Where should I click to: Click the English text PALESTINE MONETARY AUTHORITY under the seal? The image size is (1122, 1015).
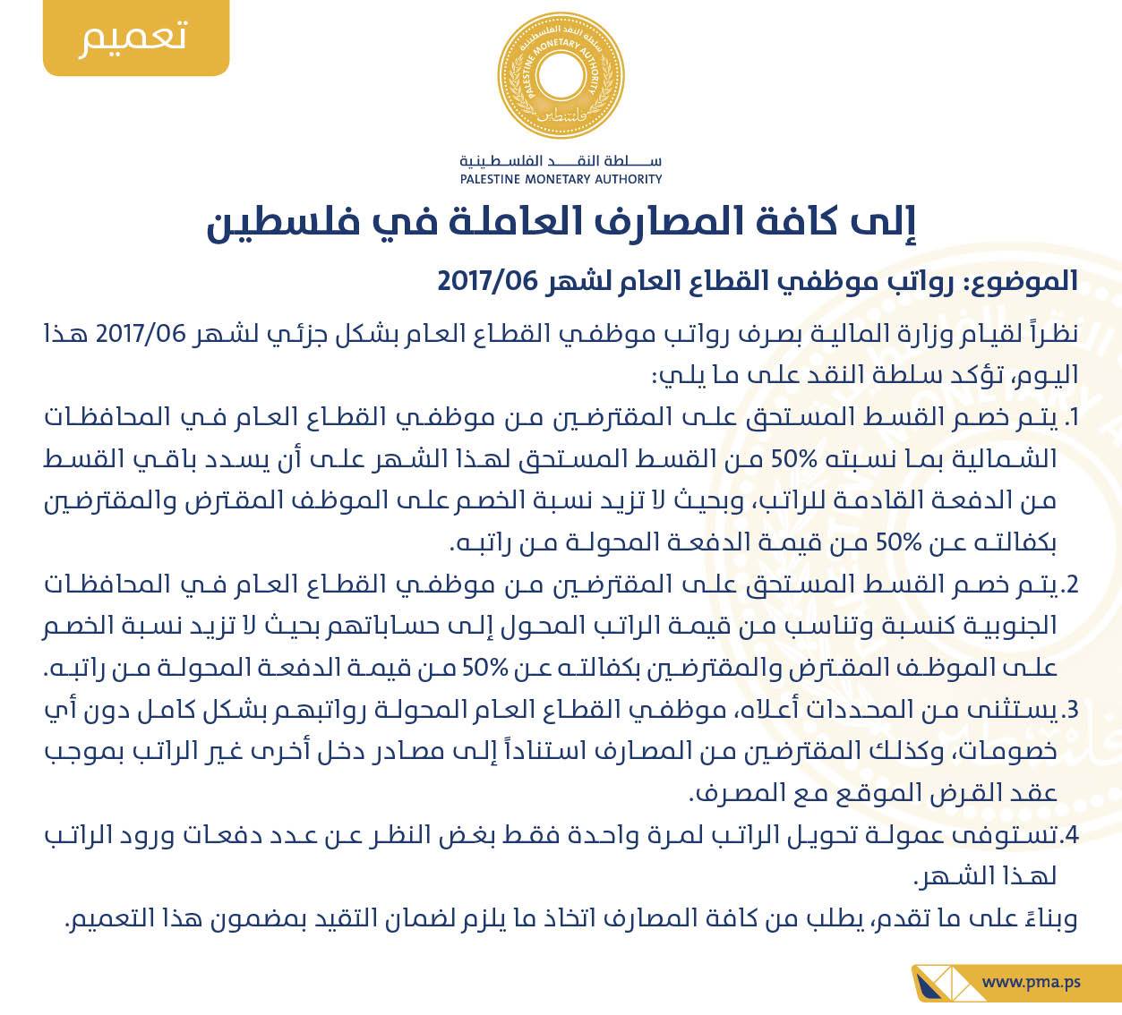(561, 179)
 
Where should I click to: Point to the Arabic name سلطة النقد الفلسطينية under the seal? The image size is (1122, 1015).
(561, 162)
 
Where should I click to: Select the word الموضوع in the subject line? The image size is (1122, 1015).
(1024, 283)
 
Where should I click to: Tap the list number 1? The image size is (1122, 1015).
(1073, 418)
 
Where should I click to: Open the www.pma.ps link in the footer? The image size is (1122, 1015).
(1031, 981)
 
